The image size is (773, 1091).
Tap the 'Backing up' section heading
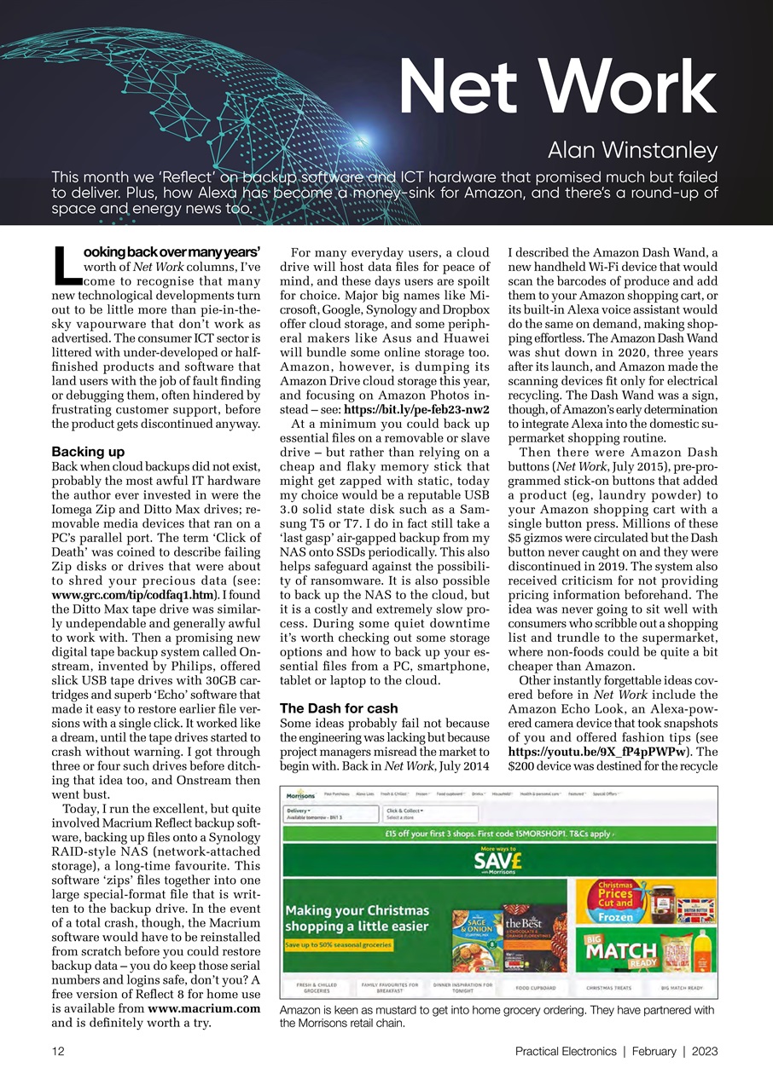(x=89, y=450)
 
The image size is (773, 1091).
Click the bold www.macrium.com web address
(x=204, y=1008)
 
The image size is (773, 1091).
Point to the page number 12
(x=59, y=1052)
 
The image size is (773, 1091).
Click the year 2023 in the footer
(x=705, y=1052)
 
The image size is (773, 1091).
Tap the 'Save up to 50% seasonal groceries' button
(x=339, y=945)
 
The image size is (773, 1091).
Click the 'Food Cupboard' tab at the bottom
(x=535, y=988)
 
